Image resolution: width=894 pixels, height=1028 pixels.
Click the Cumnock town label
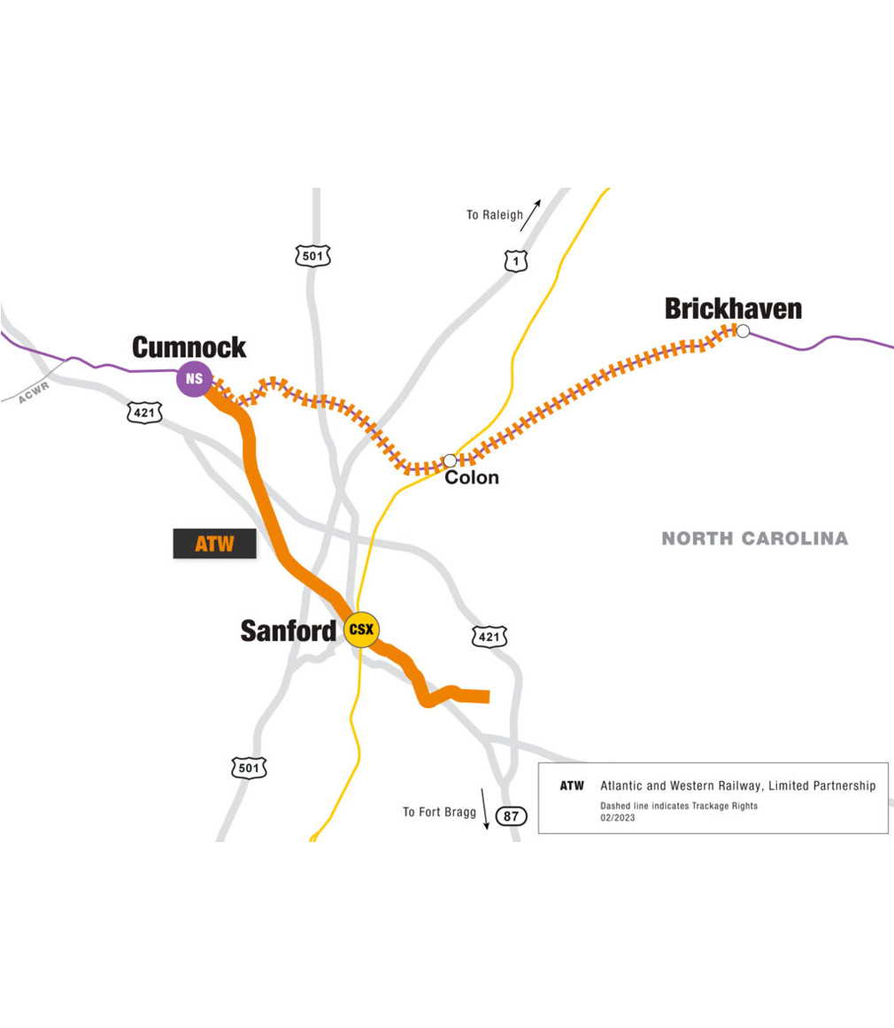[x=189, y=347]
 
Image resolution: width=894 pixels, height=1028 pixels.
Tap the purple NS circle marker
[x=195, y=379]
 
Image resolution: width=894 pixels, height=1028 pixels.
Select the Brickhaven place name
[x=733, y=308]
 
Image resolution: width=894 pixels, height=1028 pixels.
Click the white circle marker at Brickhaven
[x=744, y=331]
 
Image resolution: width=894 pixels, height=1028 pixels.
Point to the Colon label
[x=472, y=478]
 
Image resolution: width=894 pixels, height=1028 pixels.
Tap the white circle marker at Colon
[x=450, y=460]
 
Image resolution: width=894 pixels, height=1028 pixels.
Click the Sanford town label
[x=289, y=630]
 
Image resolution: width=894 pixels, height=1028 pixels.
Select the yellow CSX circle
[x=361, y=630]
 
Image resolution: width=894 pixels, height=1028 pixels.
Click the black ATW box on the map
[x=214, y=544]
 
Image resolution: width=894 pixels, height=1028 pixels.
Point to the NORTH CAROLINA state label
[x=754, y=538]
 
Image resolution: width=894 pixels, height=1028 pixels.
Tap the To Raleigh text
[x=495, y=215]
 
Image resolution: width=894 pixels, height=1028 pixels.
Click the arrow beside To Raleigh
[x=530, y=214]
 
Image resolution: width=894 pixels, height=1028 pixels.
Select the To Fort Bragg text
[x=440, y=812]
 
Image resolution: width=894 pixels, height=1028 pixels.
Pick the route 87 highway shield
[x=511, y=816]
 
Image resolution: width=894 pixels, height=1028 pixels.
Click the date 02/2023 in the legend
[x=616, y=819]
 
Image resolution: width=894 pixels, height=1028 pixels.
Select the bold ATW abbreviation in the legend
[x=572, y=786]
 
